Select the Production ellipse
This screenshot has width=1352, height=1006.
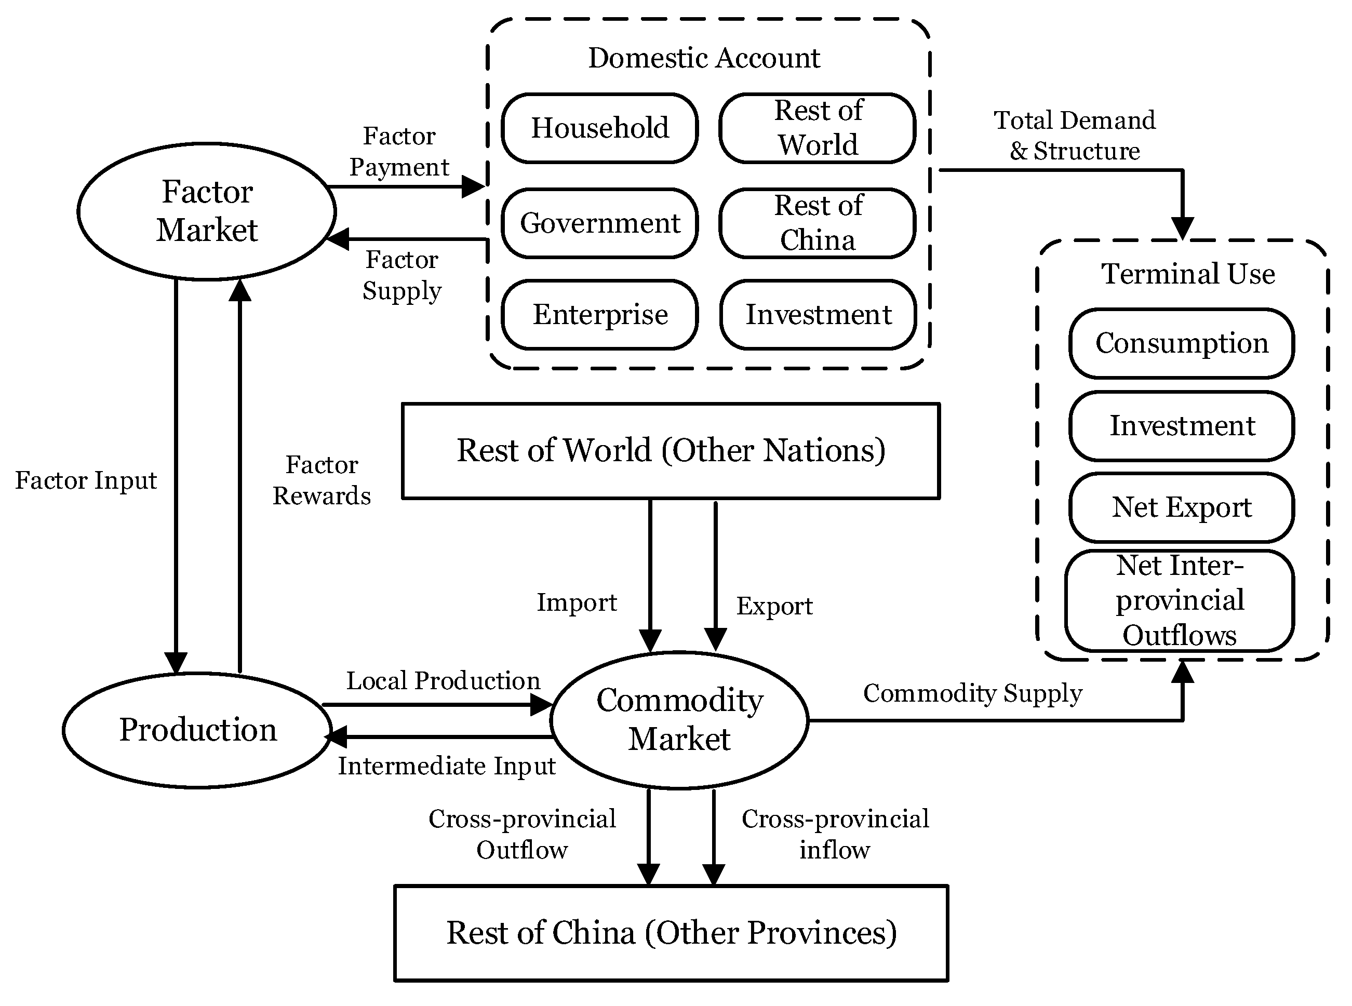(x=197, y=730)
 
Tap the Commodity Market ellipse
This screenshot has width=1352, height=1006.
(x=679, y=720)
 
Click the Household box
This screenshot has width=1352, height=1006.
(x=600, y=128)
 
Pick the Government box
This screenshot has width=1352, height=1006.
(x=600, y=223)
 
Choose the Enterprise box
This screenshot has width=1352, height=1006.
(x=600, y=315)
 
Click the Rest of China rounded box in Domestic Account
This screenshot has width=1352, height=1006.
(x=818, y=223)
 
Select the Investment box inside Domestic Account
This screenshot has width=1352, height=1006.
(x=818, y=315)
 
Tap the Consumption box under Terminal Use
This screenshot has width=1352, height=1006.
(x=1182, y=343)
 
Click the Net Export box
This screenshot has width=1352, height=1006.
(x=1182, y=507)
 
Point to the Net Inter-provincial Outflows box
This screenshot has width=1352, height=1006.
(x=1180, y=600)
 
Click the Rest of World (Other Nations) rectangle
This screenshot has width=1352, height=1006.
(x=671, y=451)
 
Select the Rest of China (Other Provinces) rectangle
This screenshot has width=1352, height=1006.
(x=671, y=933)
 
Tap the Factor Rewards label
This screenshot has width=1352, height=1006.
(x=322, y=480)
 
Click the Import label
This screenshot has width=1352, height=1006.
(x=576, y=603)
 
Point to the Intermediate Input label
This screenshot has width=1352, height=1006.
(x=446, y=766)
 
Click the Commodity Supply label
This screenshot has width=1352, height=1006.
(x=973, y=693)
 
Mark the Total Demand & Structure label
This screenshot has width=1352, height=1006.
(x=1074, y=135)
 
